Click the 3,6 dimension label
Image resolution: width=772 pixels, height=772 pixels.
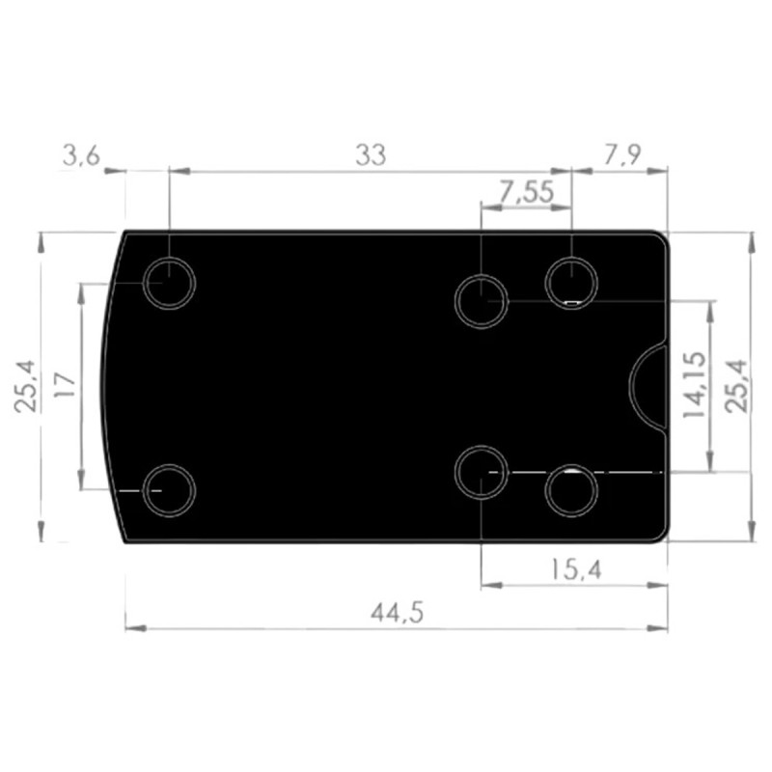coord(82,156)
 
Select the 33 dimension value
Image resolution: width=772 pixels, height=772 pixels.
coord(371,155)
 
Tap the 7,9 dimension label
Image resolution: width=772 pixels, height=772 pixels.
coord(622,155)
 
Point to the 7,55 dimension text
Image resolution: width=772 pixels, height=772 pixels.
coord(527,191)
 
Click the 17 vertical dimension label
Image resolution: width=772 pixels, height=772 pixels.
coord(65,385)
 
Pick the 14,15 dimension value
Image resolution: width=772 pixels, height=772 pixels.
coord(694,385)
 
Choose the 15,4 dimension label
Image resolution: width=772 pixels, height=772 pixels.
coord(575,570)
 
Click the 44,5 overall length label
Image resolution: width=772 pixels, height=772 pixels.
coord(397,614)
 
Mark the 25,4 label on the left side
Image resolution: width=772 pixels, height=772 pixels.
coord(25,386)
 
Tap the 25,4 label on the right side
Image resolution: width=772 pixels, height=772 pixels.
coord(736,386)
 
